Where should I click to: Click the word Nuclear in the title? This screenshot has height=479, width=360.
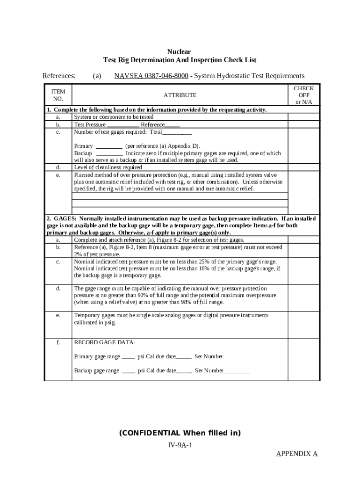click(179, 51)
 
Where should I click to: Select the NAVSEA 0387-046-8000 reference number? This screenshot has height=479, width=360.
click(151, 76)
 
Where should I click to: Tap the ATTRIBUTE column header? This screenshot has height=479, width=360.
click(180, 95)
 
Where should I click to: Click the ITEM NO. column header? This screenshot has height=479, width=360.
click(58, 95)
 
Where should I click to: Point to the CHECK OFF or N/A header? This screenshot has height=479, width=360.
click(303, 95)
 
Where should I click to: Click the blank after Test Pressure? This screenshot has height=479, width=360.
click(123, 125)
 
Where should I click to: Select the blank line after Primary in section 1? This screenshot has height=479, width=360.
click(109, 146)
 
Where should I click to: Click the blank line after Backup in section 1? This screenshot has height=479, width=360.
click(109, 153)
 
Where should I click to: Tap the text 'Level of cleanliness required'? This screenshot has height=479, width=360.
click(108, 167)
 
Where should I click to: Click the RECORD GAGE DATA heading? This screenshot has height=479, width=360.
click(105, 342)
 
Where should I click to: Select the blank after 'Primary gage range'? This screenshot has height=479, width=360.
click(128, 357)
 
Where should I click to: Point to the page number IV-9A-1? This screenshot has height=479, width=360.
click(180, 445)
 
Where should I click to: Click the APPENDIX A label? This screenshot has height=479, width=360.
click(296, 454)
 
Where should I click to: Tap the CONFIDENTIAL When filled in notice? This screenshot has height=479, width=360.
click(180, 433)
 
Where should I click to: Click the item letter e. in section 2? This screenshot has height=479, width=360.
click(58, 315)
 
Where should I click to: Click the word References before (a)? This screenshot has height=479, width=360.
click(59, 76)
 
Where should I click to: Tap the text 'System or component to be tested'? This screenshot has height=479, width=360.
click(114, 117)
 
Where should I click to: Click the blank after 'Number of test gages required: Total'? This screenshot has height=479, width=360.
click(177, 132)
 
